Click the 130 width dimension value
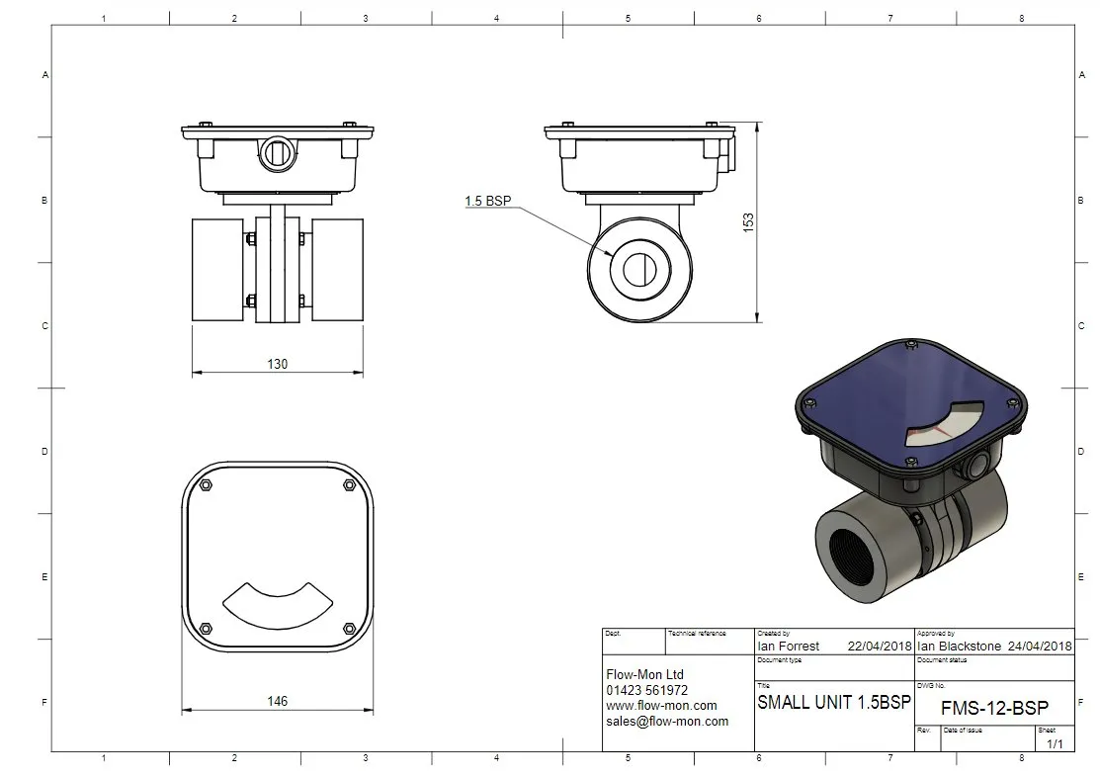coord(277,364)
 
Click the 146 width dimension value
coord(277,701)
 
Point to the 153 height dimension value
coord(748,222)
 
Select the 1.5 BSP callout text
coord(488,201)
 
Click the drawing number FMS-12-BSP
coord(995,708)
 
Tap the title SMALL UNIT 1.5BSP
coord(834,702)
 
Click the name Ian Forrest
coord(789,646)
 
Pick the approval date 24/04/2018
coord(1040,646)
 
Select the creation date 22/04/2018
coord(880,646)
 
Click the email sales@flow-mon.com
coord(667,721)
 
